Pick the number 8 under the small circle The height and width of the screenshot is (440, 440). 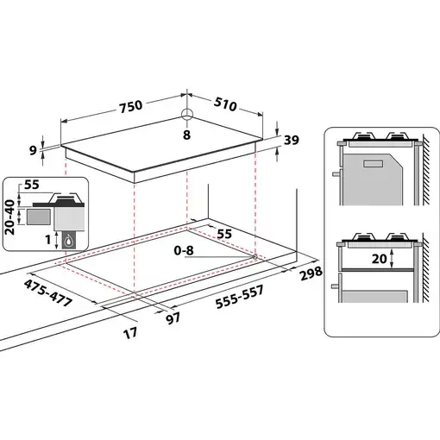coord(186,135)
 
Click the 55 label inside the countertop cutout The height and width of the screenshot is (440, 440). coord(224,234)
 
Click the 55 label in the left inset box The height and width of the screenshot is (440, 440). coord(33,185)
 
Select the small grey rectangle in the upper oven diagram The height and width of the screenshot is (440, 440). coord(377,162)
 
